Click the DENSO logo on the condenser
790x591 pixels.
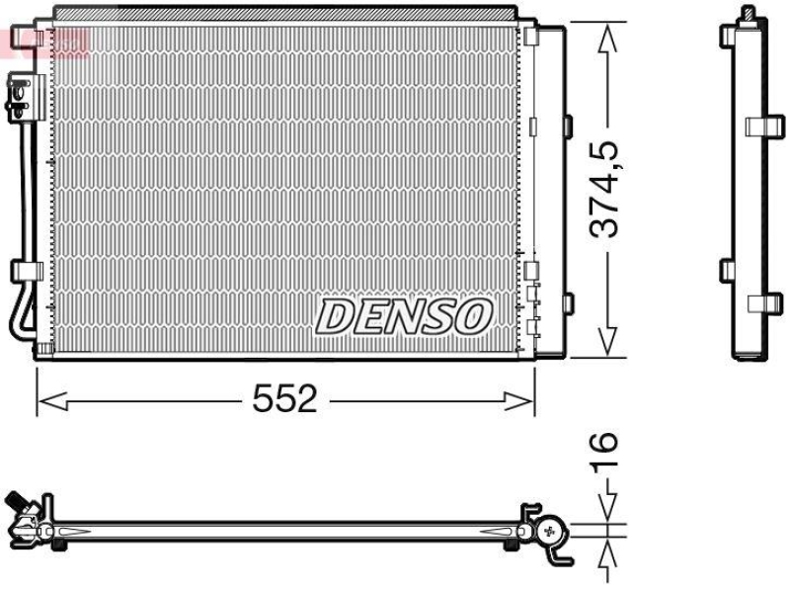(403, 316)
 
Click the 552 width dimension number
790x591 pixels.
(284, 399)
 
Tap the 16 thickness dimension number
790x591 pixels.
(606, 451)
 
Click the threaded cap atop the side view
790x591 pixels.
(750, 14)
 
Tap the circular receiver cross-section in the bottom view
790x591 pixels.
(548, 531)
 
